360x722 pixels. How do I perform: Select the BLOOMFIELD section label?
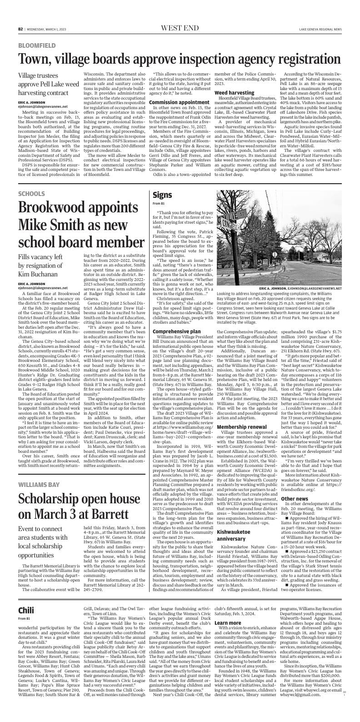click(x=37, y=45)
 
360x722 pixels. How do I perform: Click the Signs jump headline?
click(x=162, y=195)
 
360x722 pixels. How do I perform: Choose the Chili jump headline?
click(x=26, y=610)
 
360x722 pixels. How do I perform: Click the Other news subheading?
click(x=295, y=486)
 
